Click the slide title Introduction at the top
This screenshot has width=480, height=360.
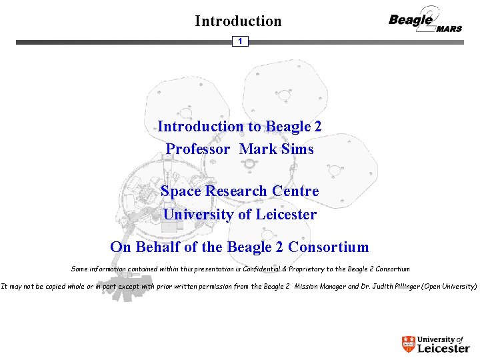coord(238,21)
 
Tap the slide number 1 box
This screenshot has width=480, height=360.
coord(240,41)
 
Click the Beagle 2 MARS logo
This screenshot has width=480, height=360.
coord(425,21)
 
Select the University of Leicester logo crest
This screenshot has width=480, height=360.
coord(408,344)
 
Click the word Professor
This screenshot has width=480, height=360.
coord(198,149)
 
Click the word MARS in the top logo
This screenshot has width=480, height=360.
coord(449,29)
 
